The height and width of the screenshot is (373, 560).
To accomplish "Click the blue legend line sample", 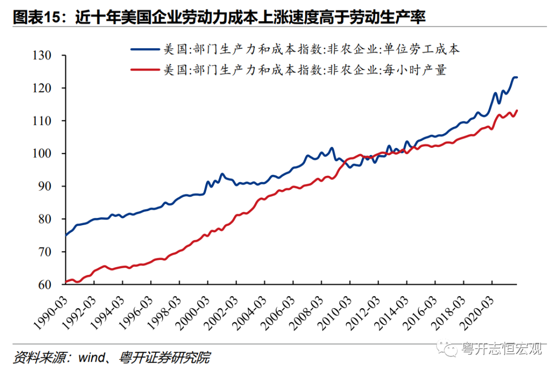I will tap(145, 49).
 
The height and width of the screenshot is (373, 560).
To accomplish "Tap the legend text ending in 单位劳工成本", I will tap(312, 50).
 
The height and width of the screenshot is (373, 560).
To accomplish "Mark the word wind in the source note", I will tap(90, 357).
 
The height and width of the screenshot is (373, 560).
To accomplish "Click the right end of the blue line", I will tap(517, 77).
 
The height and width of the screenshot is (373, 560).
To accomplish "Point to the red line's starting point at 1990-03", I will tap(66, 282).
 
